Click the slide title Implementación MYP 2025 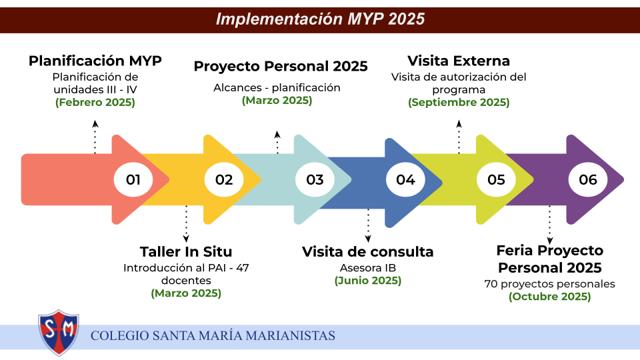click(321, 19)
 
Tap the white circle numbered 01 click(133, 179)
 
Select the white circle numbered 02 click(224, 179)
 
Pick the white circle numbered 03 click(315, 179)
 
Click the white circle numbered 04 click(405, 179)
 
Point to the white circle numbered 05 click(496, 179)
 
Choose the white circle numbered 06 click(588, 179)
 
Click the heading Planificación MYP click(95, 61)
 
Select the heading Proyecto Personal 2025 click(281, 66)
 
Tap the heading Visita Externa click(459, 61)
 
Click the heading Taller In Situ click(186, 252)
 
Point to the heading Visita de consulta click(368, 252)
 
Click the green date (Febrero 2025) click(95, 102)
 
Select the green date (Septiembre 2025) click(459, 102)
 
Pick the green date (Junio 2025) click(368, 281)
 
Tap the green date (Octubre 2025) click(550, 296)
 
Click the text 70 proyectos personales click(550, 284)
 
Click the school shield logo click(59, 333)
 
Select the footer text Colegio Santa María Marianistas click(213, 336)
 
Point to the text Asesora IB click(368, 268)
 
